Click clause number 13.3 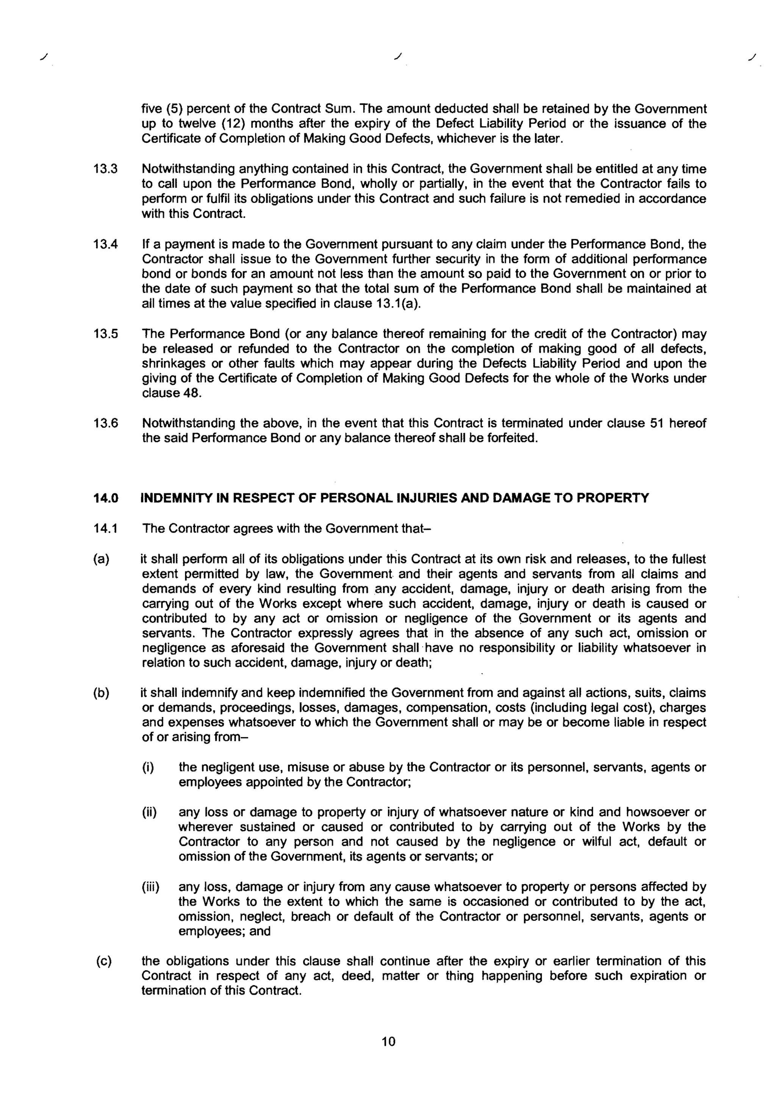tap(106, 169)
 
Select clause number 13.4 tap(106, 245)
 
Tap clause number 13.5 tap(106, 333)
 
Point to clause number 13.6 tap(106, 423)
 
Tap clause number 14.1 tap(106, 529)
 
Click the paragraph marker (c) tap(104, 961)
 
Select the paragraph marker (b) tap(101, 693)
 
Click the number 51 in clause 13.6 tap(655, 423)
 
